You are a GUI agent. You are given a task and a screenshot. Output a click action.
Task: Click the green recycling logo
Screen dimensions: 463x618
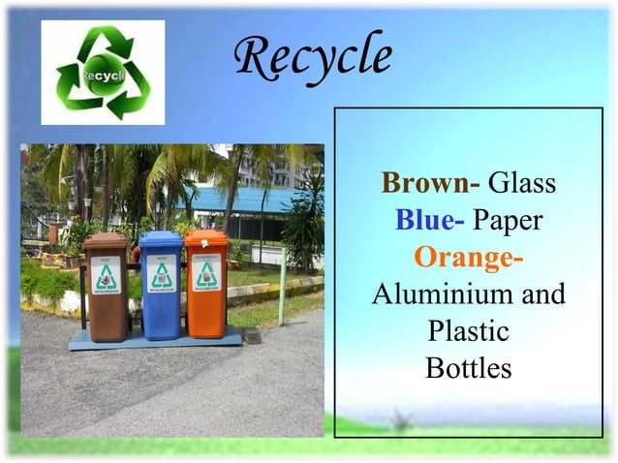tap(102, 72)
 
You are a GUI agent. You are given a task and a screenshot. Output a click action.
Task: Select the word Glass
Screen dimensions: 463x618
tap(522, 183)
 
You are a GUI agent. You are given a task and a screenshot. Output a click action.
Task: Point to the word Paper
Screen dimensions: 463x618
tap(508, 221)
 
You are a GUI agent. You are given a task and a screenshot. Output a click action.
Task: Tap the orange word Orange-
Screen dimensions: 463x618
tap(469, 259)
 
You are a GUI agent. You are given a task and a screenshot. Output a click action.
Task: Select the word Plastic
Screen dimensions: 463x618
tap(469, 331)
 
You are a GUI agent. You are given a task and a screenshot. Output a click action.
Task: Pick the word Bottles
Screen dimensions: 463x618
tap(469, 368)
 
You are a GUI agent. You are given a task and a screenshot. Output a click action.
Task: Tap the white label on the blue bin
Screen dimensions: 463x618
tap(161, 273)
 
